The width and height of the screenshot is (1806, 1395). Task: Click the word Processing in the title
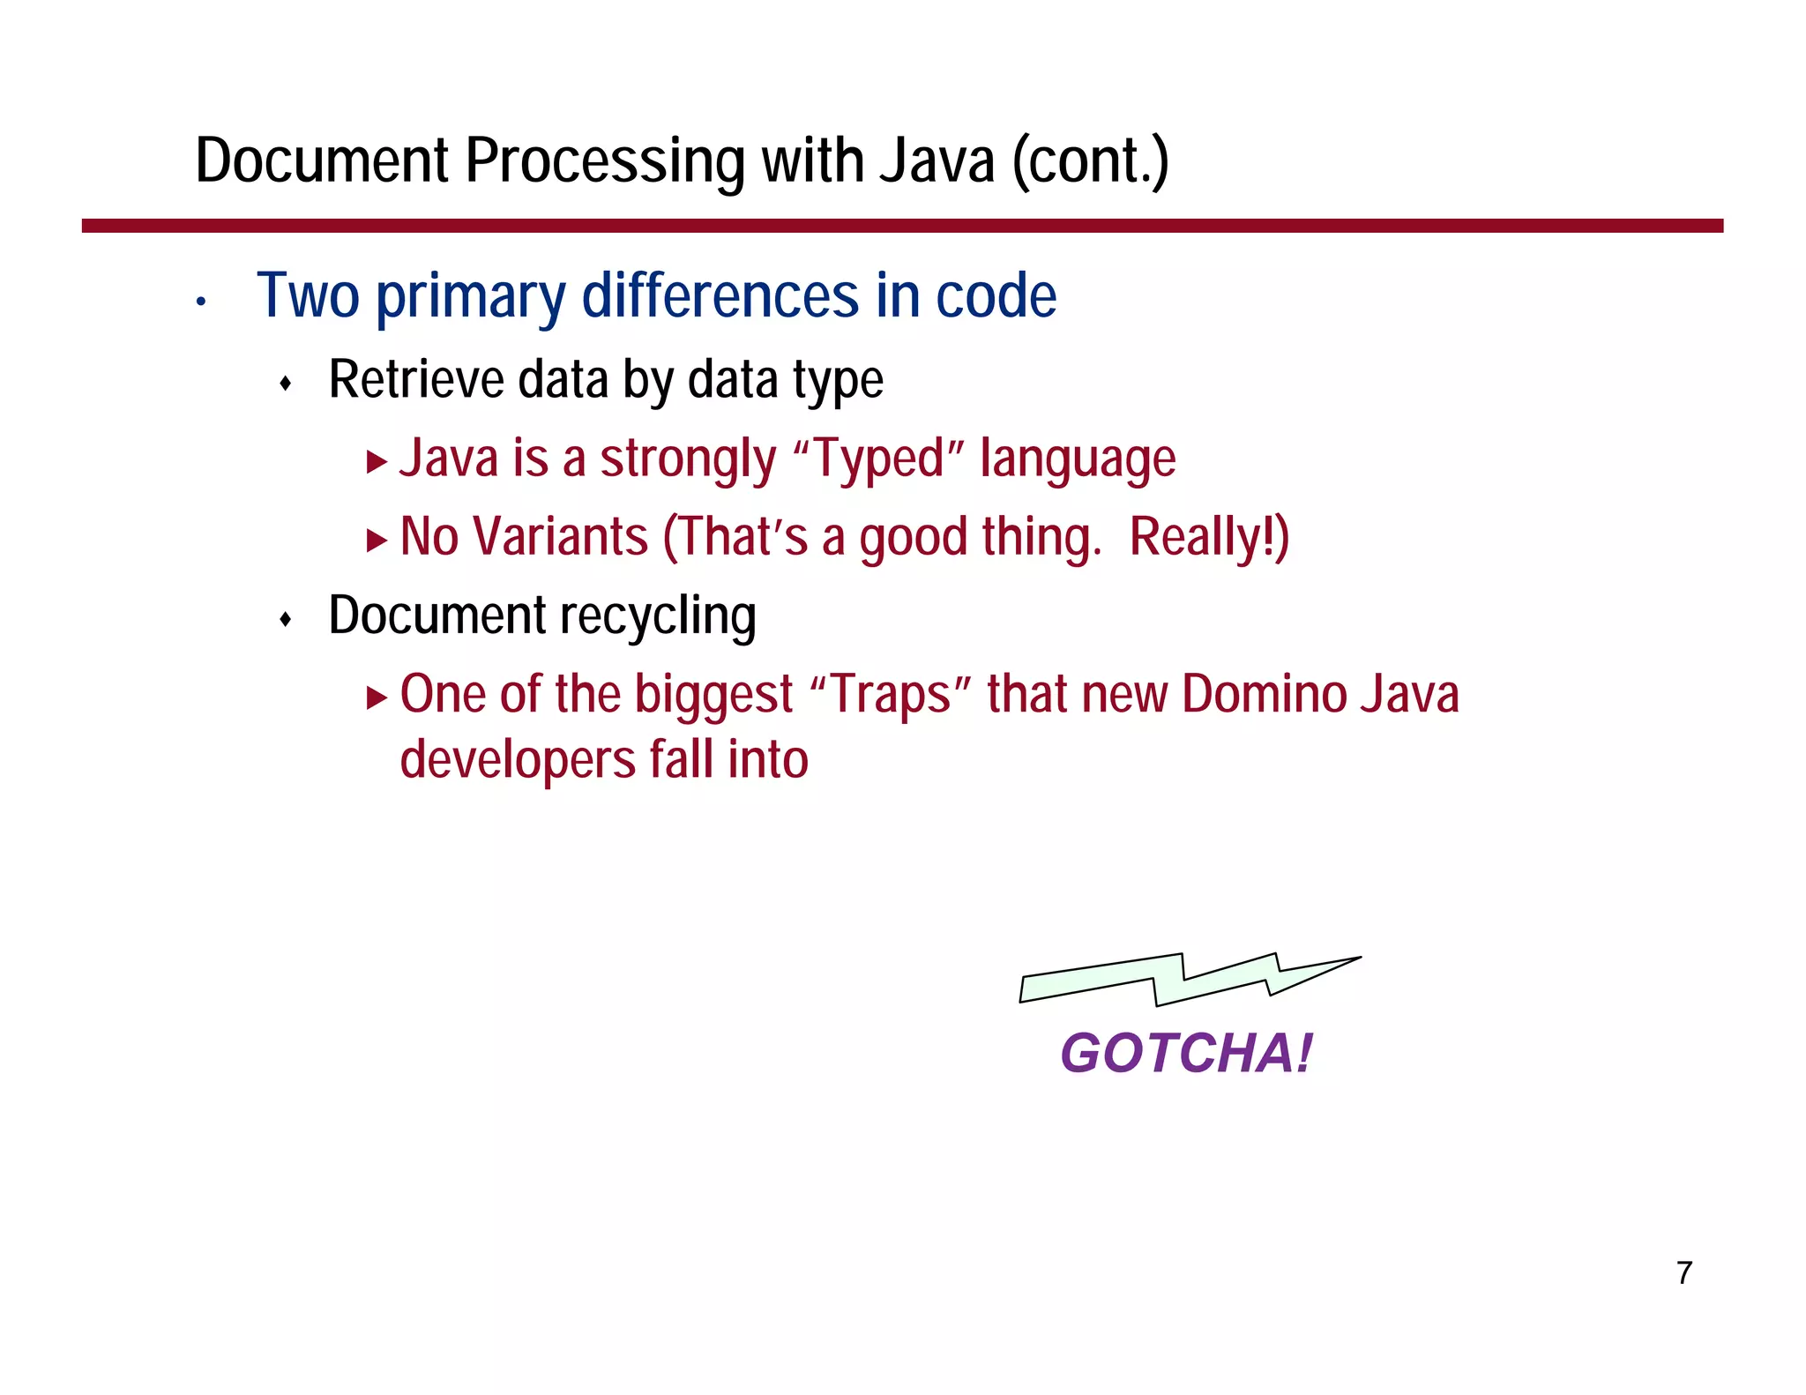(606, 161)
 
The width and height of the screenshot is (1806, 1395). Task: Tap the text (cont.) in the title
(1090, 161)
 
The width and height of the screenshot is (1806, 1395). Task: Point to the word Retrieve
(416, 379)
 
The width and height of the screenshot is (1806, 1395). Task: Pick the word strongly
(688, 460)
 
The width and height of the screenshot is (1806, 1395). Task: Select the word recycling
(653, 616)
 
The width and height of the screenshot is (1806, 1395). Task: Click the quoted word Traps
(890, 694)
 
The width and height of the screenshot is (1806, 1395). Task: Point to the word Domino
(1264, 694)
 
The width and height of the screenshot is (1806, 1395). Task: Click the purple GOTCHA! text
(1186, 1053)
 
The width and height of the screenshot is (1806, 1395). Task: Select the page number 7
(1684, 1273)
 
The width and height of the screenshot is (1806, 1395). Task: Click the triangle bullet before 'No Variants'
(377, 540)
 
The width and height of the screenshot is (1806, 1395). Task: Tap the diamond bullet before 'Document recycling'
(285, 619)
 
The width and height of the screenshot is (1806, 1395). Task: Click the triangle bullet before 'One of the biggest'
(377, 698)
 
